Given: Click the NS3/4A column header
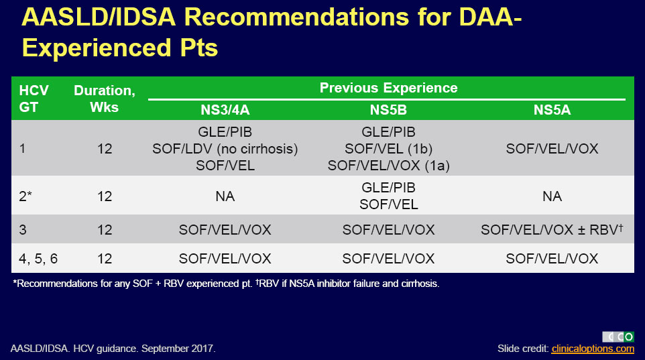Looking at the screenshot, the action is tap(225, 110).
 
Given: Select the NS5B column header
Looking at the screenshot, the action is tap(388, 110).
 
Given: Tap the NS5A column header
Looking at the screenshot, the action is tap(552, 110).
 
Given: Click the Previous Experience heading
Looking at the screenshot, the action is tap(388, 88).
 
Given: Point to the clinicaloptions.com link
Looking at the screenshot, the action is tap(593, 349).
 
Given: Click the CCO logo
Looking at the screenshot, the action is tap(618, 337).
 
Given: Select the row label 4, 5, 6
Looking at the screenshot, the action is tap(38, 258).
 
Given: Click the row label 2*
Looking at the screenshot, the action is tap(25, 196).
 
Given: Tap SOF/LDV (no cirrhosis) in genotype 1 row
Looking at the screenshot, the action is tap(225, 149).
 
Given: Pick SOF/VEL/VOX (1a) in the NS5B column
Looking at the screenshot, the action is tap(388, 166).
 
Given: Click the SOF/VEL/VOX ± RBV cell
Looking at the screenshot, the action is tap(552, 229).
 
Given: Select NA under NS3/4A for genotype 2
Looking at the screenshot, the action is tap(225, 196).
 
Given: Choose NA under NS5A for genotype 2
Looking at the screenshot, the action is tap(552, 196).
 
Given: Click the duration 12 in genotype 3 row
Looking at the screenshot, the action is tap(105, 229).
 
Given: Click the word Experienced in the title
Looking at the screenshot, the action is tap(97, 48).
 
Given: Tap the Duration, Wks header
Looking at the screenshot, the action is tap(105, 99).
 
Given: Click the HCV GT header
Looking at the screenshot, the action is tap(34, 99).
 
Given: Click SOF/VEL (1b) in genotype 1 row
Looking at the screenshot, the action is tap(388, 149).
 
